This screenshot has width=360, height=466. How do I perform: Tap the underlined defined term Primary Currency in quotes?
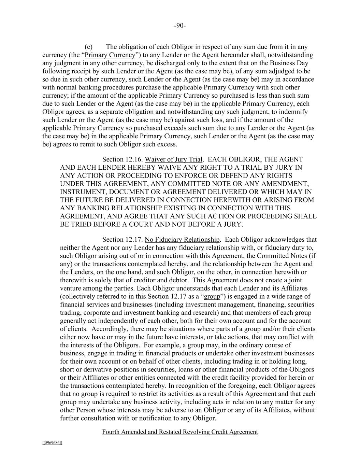(x=110, y=55)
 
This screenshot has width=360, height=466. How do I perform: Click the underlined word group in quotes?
(x=212, y=296)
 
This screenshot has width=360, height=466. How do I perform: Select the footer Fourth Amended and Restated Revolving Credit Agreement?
(x=180, y=432)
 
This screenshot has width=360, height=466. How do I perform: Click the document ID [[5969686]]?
(x=52, y=443)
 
